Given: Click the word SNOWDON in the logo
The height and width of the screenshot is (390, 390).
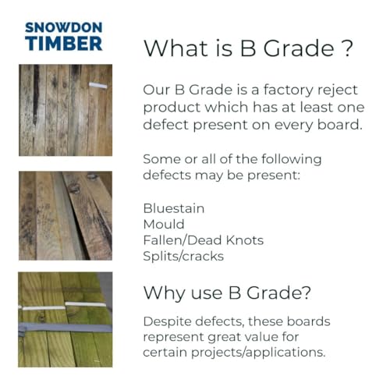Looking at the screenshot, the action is click(x=64, y=27).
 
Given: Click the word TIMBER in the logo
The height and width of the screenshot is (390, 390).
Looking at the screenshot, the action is click(x=64, y=44).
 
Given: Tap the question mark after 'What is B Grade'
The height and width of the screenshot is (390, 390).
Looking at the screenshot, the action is click(x=347, y=48).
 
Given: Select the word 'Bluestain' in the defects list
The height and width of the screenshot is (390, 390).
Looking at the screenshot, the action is click(x=174, y=208).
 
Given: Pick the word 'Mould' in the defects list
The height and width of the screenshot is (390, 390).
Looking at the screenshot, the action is click(x=164, y=225).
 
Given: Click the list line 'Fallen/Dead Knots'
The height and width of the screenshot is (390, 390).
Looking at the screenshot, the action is click(x=204, y=240).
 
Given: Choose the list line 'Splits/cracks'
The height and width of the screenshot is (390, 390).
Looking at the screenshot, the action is click(x=183, y=257).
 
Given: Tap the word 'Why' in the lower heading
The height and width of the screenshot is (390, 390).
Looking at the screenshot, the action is click(x=165, y=293).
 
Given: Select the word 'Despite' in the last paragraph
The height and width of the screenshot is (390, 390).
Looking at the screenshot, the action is click(x=168, y=322).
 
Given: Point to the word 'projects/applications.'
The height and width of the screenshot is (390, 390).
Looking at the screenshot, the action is click(x=258, y=353).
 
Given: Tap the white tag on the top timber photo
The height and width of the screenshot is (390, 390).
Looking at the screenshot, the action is click(x=98, y=85).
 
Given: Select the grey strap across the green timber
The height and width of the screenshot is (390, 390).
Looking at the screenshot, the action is click(x=65, y=328).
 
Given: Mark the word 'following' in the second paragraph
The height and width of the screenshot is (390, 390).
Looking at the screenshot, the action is click(x=291, y=159).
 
